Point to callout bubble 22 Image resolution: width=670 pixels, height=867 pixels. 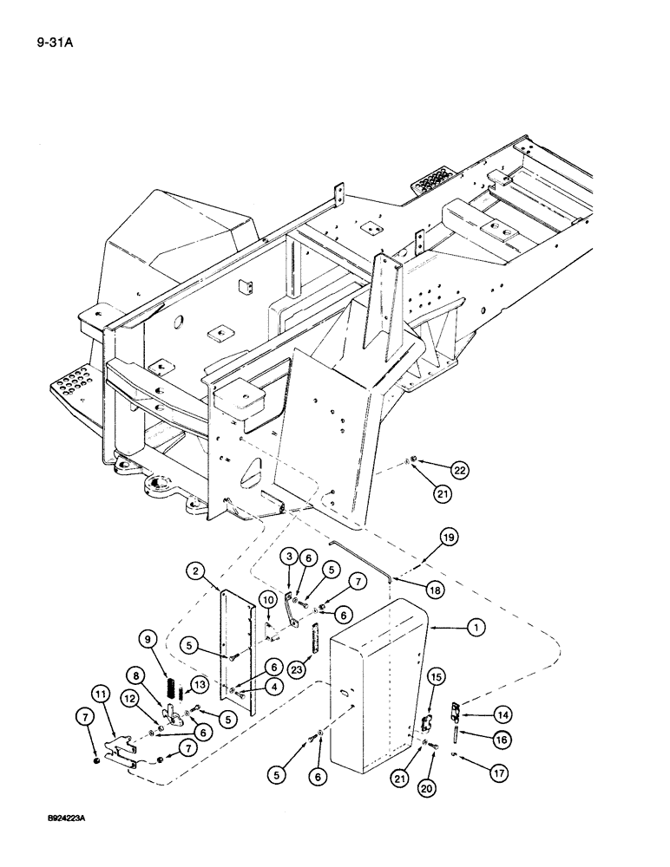coord(459,470)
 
